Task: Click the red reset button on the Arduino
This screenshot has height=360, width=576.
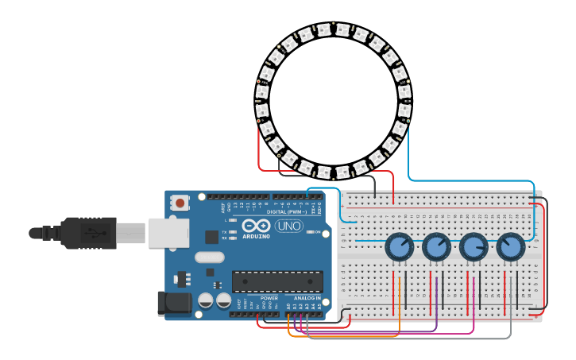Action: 180,203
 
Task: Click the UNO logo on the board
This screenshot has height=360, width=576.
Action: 288,226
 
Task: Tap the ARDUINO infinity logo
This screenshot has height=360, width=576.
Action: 256,226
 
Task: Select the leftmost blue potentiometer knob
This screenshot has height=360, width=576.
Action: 399,248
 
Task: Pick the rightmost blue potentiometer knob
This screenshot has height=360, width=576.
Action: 511,248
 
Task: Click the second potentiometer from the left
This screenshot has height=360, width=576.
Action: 436,248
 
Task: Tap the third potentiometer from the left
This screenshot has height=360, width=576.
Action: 474,248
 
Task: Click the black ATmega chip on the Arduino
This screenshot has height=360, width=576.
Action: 277,281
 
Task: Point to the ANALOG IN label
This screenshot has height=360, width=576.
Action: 307,298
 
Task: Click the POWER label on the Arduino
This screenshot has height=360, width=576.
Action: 269,298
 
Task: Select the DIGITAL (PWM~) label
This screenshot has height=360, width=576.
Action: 288,211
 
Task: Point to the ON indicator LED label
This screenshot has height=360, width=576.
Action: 318,232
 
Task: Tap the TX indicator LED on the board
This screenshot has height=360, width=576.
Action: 232,231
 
